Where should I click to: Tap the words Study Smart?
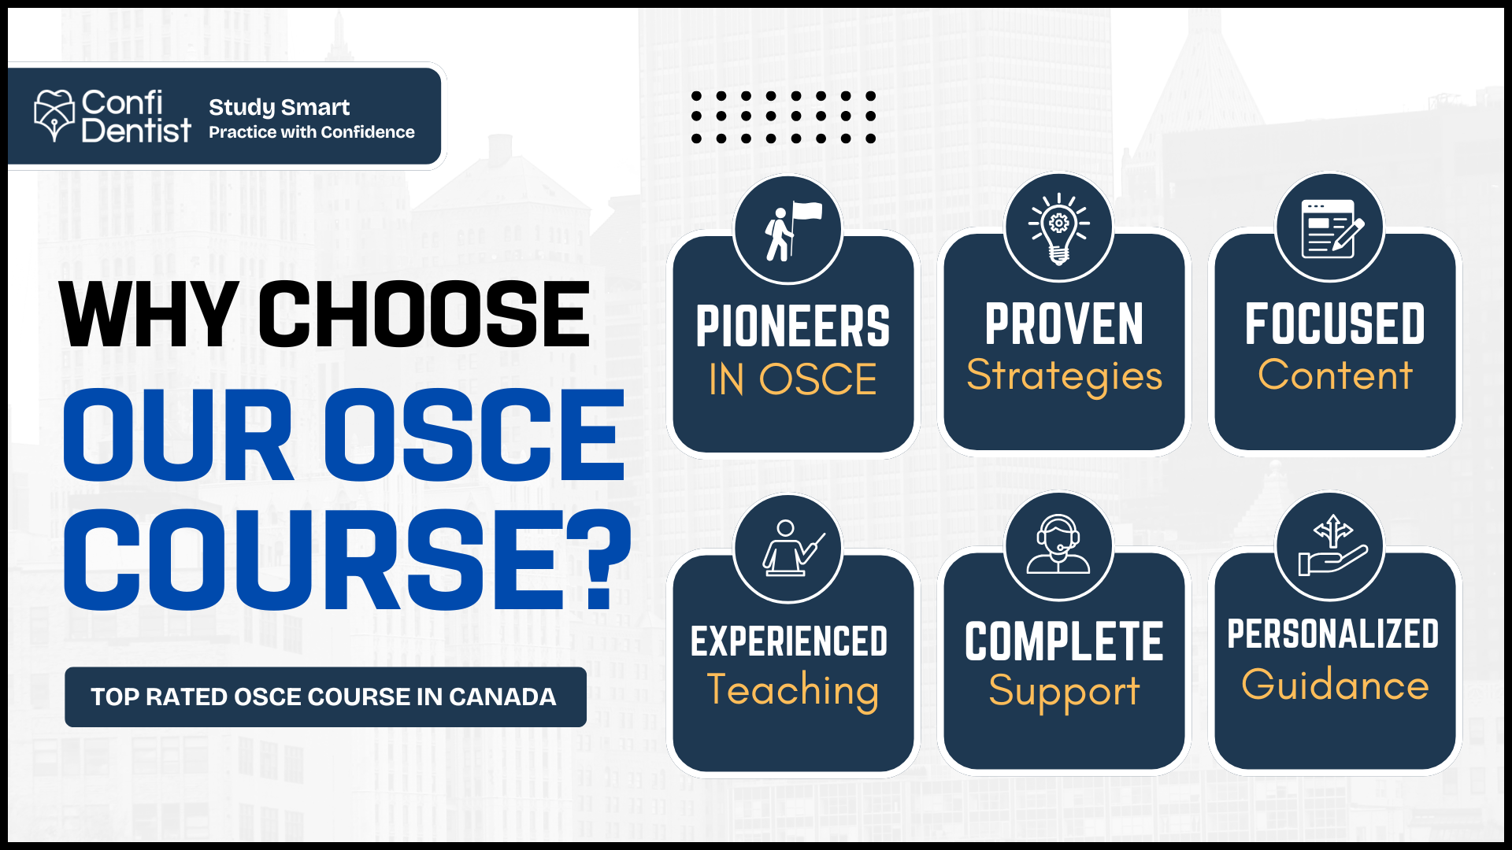coord(279,107)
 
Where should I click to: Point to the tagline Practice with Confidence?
coord(311,132)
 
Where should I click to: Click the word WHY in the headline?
coord(149,314)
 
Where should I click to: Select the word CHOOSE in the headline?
coord(424,314)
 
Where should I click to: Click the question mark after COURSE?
coord(600,559)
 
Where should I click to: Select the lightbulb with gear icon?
coord(1059,227)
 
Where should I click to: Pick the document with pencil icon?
coord(1331,228)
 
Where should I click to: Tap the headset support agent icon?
coord(1059,545)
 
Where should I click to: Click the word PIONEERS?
coord(793,327)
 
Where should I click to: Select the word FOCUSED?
coord(1335,323)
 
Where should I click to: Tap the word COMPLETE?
coord(1064,641)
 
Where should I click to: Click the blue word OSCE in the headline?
coord(474,435)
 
